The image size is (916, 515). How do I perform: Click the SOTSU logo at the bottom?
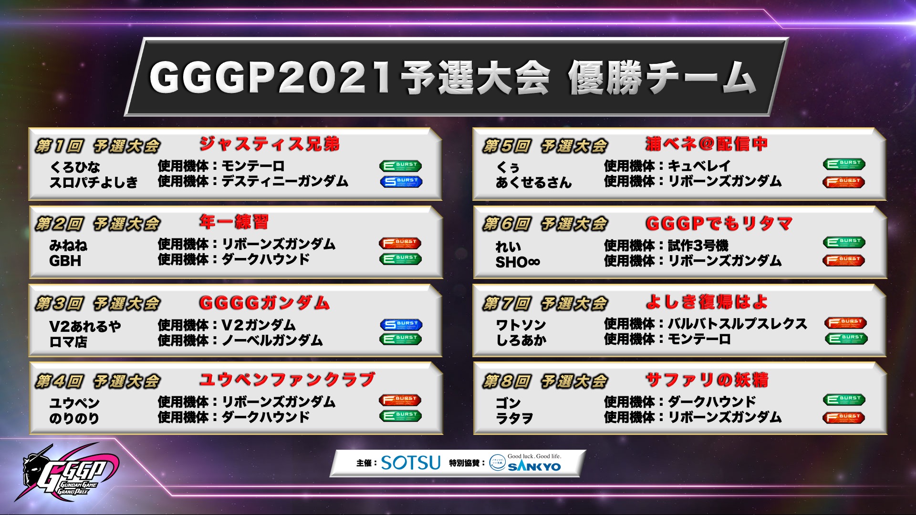click(x=410, y=463)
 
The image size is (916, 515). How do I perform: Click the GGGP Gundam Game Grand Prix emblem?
click(x=67, y=474)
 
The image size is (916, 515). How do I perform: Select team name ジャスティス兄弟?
click(x=270, y=144)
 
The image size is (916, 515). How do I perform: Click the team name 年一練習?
click(x=234, y=222)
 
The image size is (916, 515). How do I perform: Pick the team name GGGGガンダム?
click(x=264, y=303)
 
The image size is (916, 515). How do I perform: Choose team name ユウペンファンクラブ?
click(x=287, y=380)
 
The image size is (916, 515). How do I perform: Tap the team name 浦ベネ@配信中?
click(x=707, y=144)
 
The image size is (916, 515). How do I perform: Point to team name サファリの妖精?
click(x=707, y=380)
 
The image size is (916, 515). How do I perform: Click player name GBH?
click(x=65, y=261)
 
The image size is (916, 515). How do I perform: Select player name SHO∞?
click(x=518, y=262)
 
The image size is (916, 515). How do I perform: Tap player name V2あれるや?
click(x=85, y=326)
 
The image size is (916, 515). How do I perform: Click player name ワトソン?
click(x=521, y=325)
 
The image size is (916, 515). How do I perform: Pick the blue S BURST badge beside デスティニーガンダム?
click(x=401, y=181)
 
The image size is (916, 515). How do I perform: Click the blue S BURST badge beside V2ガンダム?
click(x=401, y=324)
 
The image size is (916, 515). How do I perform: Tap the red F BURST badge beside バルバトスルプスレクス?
click(x=845, y=322)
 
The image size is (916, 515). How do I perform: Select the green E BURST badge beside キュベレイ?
click(x=844, y=164)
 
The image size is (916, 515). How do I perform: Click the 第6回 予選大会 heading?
click(x=545, y=224)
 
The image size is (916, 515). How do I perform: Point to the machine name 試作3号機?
click(x=698, y=246)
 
